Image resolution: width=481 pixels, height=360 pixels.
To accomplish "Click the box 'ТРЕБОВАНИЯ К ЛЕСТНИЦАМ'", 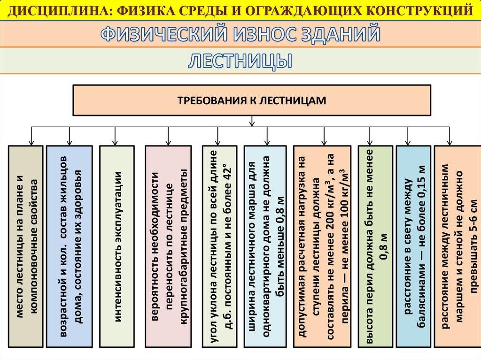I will [x=252, y=100].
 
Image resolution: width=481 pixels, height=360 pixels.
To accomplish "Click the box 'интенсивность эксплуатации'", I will [x=116, y=247].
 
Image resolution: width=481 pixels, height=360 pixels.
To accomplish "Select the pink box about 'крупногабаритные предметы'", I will [x=168, y=247].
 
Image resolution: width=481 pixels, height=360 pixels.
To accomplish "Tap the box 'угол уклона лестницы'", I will [x=217, y=247].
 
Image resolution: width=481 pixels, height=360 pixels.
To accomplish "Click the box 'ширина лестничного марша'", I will [x=265, y=247].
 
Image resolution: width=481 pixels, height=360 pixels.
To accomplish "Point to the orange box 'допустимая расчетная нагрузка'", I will [x=322, y=247].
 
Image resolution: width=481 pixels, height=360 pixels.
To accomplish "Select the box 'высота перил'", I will [x=374, y=247].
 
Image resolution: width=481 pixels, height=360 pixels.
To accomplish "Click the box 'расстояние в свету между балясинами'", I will [x=413, y=247].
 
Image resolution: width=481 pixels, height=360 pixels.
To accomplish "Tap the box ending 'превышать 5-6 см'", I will [x=457, y=247].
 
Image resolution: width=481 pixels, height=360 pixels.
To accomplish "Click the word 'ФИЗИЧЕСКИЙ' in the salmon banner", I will [x=160, y=34].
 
